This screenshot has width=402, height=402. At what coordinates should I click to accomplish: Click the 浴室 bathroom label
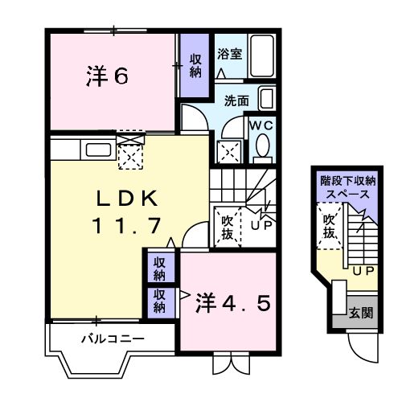(x=230, y=54)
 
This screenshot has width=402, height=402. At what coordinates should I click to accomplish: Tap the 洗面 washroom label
(x=236, y=101)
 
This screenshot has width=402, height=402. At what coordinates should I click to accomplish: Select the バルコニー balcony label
(x=113, y=338)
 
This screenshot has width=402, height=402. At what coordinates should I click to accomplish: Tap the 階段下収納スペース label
(x=347, y=188)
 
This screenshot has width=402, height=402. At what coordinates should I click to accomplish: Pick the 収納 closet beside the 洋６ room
(x=195, y=65)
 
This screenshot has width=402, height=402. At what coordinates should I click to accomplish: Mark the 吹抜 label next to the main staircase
(x=228, y=226)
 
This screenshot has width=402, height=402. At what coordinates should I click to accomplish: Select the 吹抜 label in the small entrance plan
(x=328, y=227)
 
